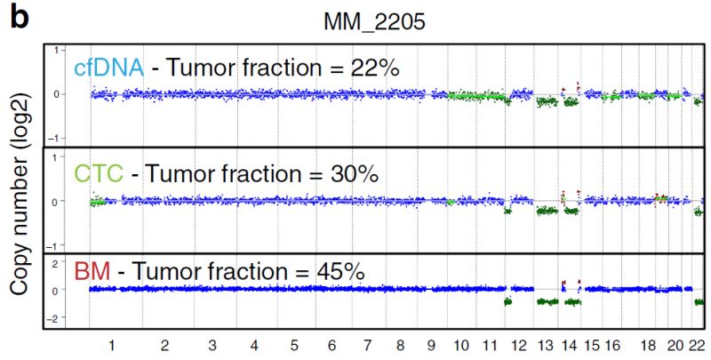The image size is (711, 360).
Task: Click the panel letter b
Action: [x=19, y=18]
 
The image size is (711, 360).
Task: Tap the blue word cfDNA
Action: [x=98, y=67]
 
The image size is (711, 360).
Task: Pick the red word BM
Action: [x=91, y=271]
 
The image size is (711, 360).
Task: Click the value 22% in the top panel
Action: [x=377, y=67]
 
